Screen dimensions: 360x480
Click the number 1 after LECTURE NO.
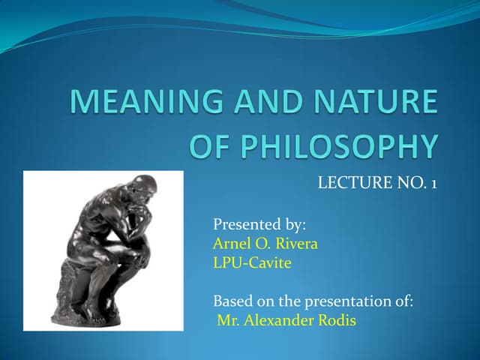[x=433, y=181]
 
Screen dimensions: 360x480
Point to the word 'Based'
[x=232, y=301]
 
